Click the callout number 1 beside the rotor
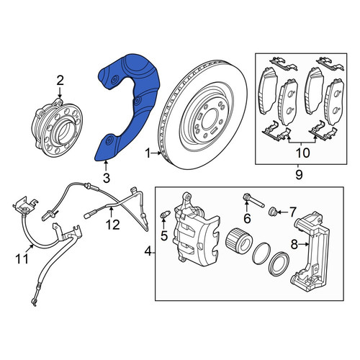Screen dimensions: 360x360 pos(148,153)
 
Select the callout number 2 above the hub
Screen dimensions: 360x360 pos(60,81)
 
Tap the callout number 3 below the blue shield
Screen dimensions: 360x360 pos(107,178)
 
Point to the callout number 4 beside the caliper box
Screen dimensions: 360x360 pos(148,252)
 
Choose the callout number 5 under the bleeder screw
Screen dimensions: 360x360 pos(164,236)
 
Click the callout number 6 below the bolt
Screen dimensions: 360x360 pos(247,218)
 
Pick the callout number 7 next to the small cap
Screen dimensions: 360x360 pos(292,212)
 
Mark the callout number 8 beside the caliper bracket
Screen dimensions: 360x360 pos(294,245)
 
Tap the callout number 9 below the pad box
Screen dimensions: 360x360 pos(299,175)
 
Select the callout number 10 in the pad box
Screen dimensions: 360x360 pos(303,153)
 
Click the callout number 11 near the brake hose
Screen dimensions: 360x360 pos(22,259)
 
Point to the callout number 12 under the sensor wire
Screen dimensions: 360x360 pos(113,225)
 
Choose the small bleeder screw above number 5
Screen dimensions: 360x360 pos(165,214)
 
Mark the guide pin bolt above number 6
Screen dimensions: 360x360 pos(253,201)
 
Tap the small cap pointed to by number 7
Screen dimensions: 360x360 pos(273,212)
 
